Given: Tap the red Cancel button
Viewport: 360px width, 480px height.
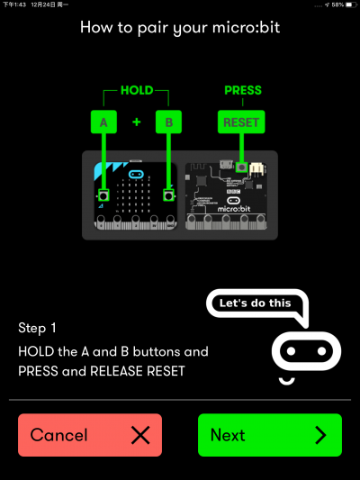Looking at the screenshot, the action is tap(90, 435).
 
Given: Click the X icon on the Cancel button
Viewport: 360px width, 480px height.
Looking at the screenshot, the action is tap(140, 435).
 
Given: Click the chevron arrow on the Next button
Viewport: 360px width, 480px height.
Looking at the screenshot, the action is tap(320, 435).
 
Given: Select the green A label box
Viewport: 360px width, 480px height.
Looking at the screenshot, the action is tap(103, 122).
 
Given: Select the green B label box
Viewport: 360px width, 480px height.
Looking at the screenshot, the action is tap(168, 122).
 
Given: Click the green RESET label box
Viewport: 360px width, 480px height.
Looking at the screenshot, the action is tap(241, 122).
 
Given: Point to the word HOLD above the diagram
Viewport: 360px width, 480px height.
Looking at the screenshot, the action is tap(137, 90).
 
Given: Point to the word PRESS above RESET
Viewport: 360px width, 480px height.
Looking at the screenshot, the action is tap(243, 90).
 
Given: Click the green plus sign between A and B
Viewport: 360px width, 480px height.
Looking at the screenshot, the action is tap(137, 122).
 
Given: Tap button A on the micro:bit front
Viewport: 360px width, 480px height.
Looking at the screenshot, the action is tap(103, 195).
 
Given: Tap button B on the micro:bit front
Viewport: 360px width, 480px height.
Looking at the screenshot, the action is tap(168, 195).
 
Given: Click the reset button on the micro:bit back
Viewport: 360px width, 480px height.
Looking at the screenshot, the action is tap(242, 168).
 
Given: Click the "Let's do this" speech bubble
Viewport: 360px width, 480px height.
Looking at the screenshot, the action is tap(256, 303).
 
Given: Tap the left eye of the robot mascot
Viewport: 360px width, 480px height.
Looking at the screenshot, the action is tap(291, 351).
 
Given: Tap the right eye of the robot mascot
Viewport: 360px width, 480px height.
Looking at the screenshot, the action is tap(321, 351).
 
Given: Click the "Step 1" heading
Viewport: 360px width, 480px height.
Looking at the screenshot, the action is tap(37, 328).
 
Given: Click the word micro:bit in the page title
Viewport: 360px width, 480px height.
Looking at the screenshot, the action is tap(246, 28).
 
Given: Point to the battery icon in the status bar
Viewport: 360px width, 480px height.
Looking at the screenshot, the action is tap(351, 5).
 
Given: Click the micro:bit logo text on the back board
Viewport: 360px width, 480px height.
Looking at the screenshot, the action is tap(234, 209).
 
